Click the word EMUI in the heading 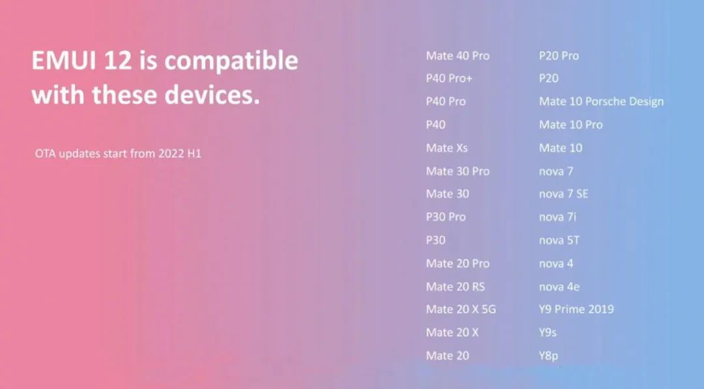click(64, 60)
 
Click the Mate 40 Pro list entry click(458, 55)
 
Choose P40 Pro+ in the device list click(449, 78)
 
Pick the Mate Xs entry click(447, 148)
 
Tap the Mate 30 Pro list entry click(458, 172)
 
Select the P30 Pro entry click(446, 217)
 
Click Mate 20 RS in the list click(455, 287)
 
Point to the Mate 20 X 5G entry click(461, 309)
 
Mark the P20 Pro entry click(559, 55)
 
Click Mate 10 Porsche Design click(601, 102)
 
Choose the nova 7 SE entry click(563, 194)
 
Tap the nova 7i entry click(557, 217)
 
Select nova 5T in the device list click(559, 240)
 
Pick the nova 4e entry click(559, 287)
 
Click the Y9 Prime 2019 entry click(576, 309)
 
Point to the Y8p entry click(548, 356)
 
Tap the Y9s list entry click(548, 332)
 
